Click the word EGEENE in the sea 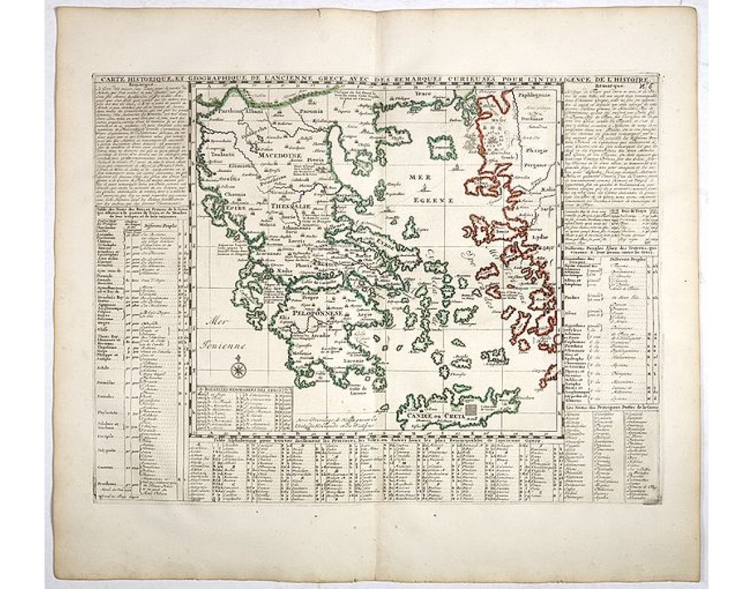[422, 200]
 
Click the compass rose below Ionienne [238, 361]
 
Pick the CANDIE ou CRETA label [425, 414]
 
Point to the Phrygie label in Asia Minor [536, 149]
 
